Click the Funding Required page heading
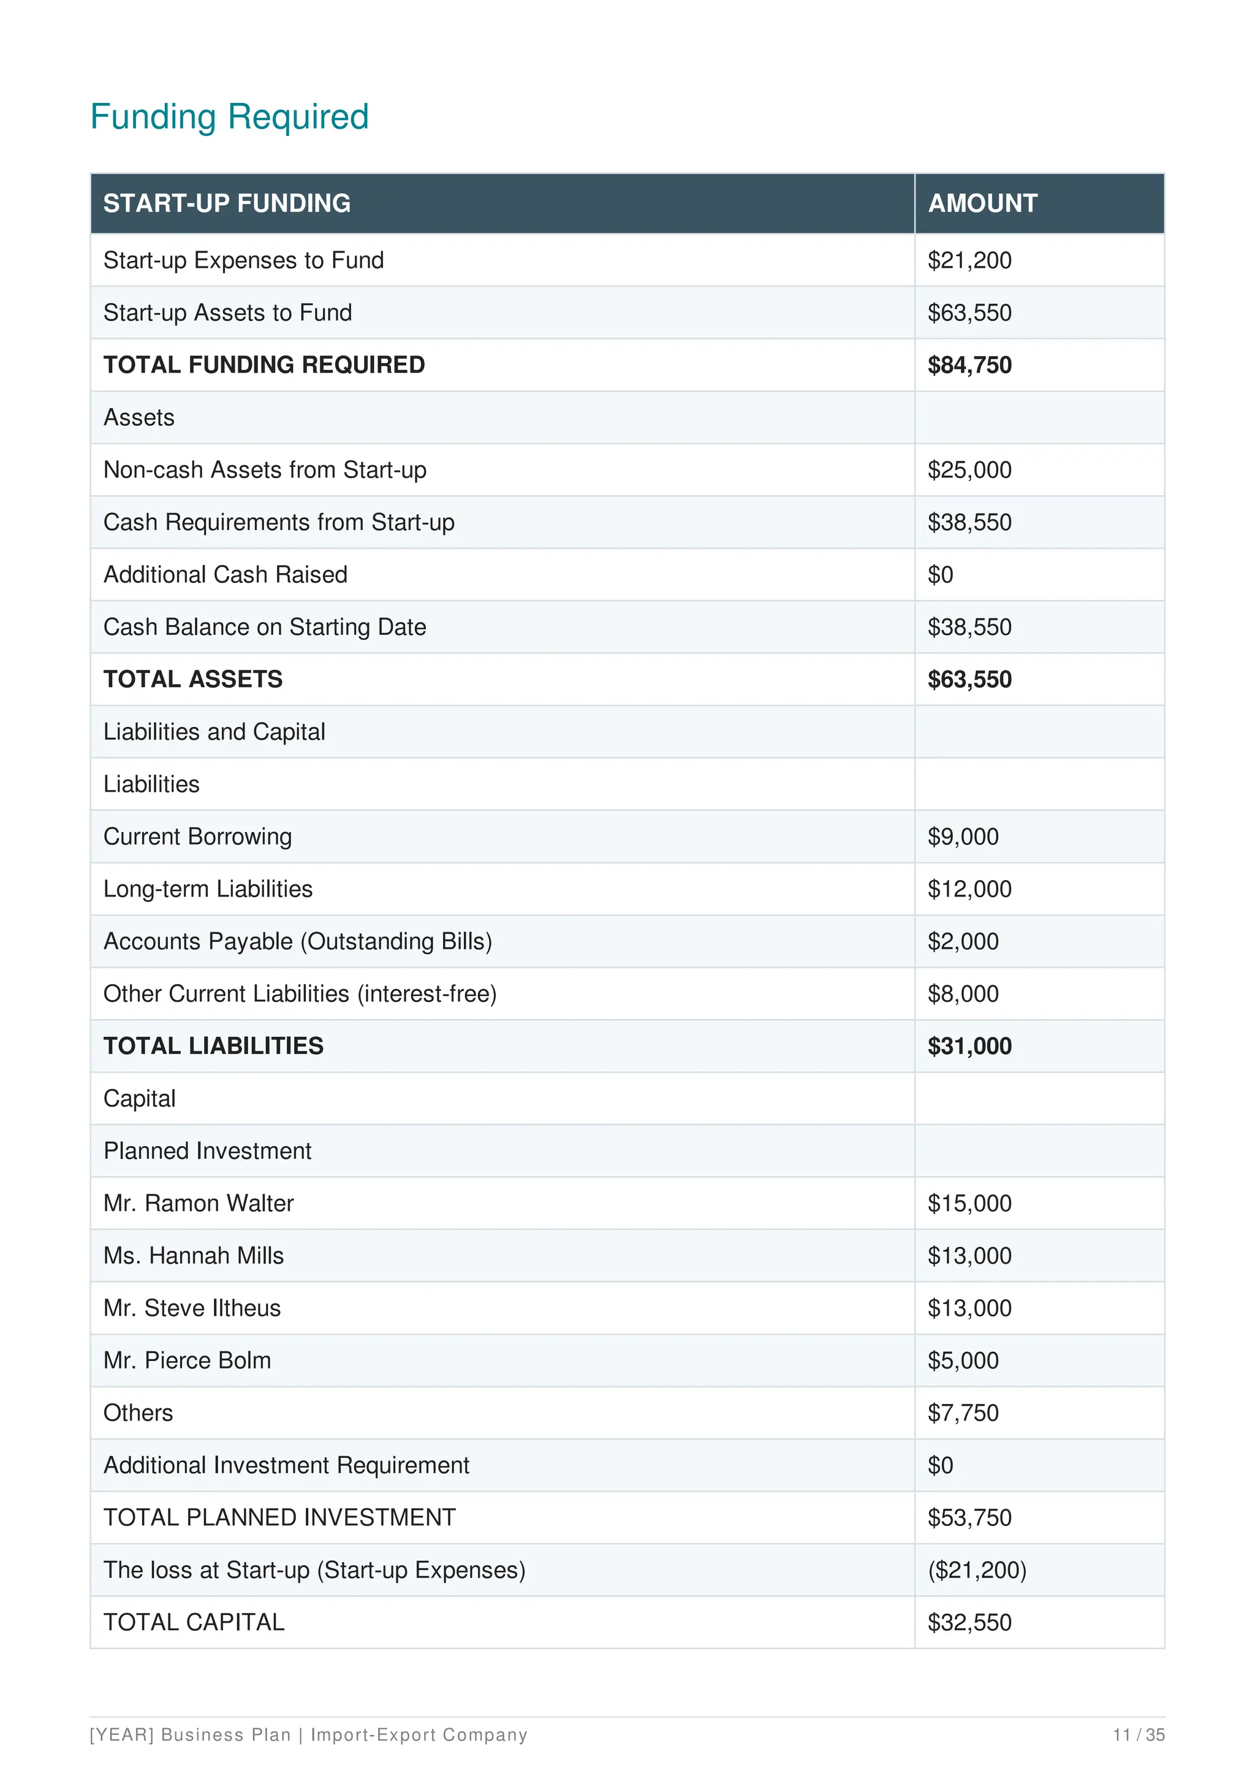tap(230, 117)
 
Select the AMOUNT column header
tap(982, 203)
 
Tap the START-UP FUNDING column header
tap(227, 203)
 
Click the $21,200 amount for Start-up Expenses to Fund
tap(969, 260)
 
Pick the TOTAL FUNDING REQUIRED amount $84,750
tap(969, 365)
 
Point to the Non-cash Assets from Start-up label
tap(265, 469)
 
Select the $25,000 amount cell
tap(969, 469)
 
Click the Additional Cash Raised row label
tap(225, 575)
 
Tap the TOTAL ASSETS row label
tap(192, 679)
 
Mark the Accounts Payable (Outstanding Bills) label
tap(298, 941)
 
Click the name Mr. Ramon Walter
tap(198, 1203)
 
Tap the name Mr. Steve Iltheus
tap(192, 1308)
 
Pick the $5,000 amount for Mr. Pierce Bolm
tap(963, 1360)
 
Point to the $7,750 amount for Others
tap(963, 1413)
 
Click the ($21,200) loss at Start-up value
tap(977, 1569)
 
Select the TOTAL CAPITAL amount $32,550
tap(969, 1622)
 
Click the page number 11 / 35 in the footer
tap(1138, 1735)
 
